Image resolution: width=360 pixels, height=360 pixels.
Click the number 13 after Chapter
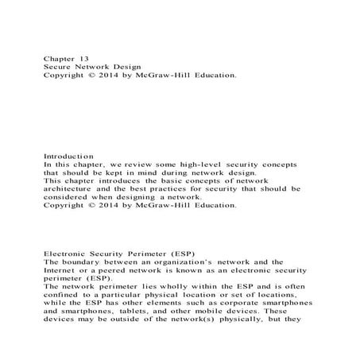[83, 59]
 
